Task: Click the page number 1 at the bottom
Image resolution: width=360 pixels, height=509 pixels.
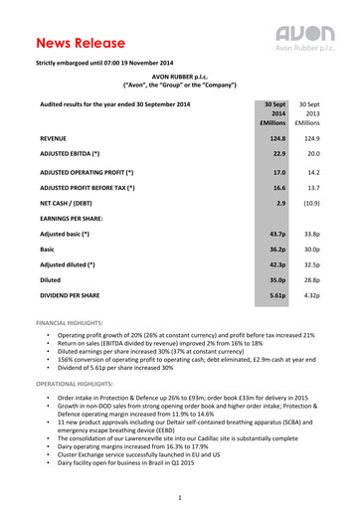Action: pyautogui.click(x=180, y=497)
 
